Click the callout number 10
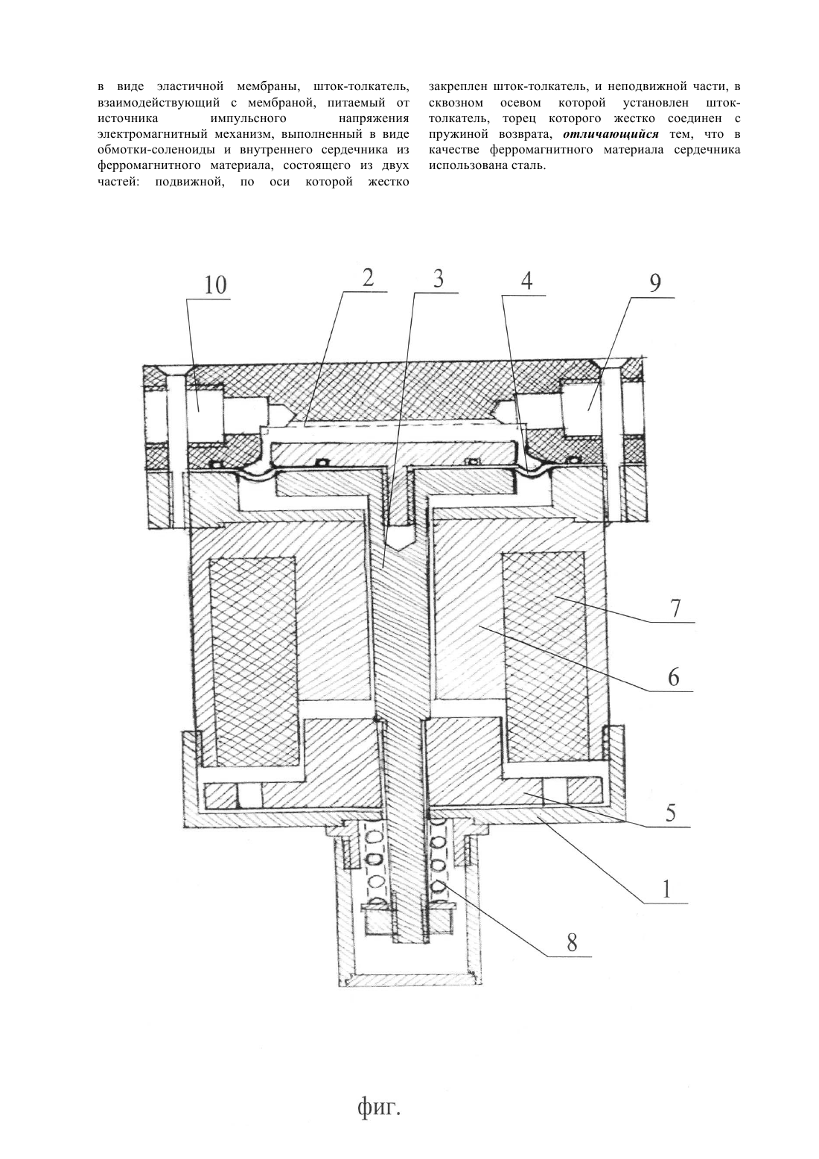coord(216,285)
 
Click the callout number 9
coord(655,283)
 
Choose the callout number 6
coord(673,677)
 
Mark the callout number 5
coord(670,813)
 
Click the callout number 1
coord(667,889)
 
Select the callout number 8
coord(571,943)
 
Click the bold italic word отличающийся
coord(610,135)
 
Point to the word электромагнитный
coord(149,135)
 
